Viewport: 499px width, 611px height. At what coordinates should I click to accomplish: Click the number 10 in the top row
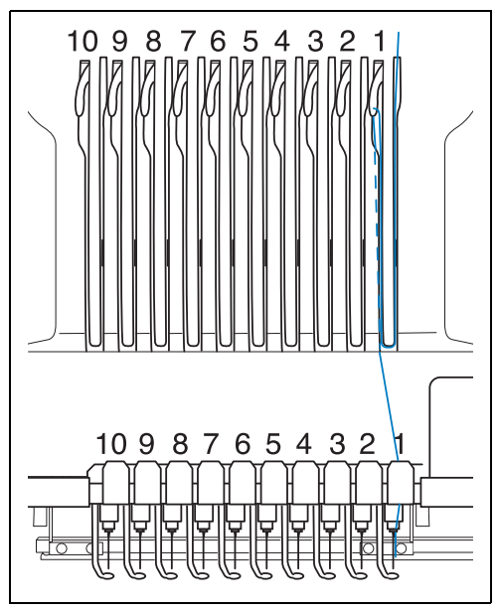tap(83, 41)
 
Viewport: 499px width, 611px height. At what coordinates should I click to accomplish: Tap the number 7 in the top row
tap(188, 41)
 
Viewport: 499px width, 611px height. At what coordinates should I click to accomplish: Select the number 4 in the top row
tap(282, 41)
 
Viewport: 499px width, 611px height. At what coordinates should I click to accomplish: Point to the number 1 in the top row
tap(380, 41)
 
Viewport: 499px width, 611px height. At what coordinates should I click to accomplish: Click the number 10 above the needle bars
tap(111, 444)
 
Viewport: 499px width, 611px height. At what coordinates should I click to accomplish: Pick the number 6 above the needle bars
tap(243, 444)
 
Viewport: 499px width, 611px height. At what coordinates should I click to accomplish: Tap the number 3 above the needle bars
tap(337, 444)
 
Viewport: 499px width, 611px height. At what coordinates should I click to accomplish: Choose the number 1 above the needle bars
tap(400, 444)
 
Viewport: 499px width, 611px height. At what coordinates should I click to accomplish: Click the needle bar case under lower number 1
tap(401, 483)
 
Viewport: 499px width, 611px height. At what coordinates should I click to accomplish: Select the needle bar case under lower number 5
tap(274, 483)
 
